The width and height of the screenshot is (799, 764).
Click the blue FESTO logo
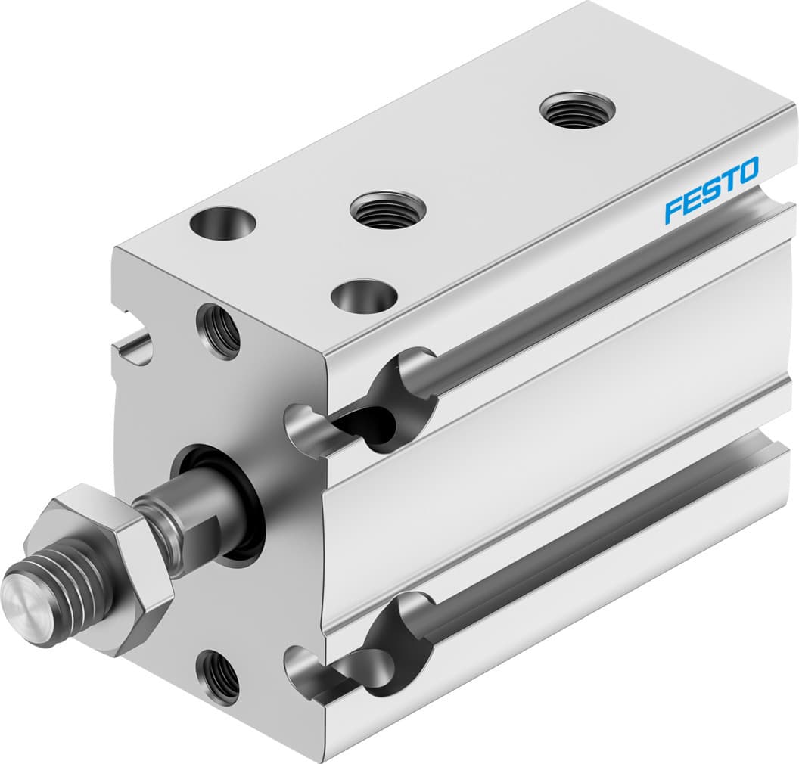click(x=711, y=189)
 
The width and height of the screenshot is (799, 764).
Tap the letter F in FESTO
click(x=673, y=210)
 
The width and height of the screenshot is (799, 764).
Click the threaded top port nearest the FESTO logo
click(x=577, y=110)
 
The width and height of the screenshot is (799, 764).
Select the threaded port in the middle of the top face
click(x=387, y=210)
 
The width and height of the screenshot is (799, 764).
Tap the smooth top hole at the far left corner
click(x=222, y=224)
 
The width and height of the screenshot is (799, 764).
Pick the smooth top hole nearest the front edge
click(x=365, y=296)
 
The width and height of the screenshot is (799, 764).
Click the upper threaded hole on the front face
click(x=219, y=331)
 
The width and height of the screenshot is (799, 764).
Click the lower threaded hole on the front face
click(x=218, y=675)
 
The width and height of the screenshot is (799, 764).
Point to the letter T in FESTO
click(x=728, y=180)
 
